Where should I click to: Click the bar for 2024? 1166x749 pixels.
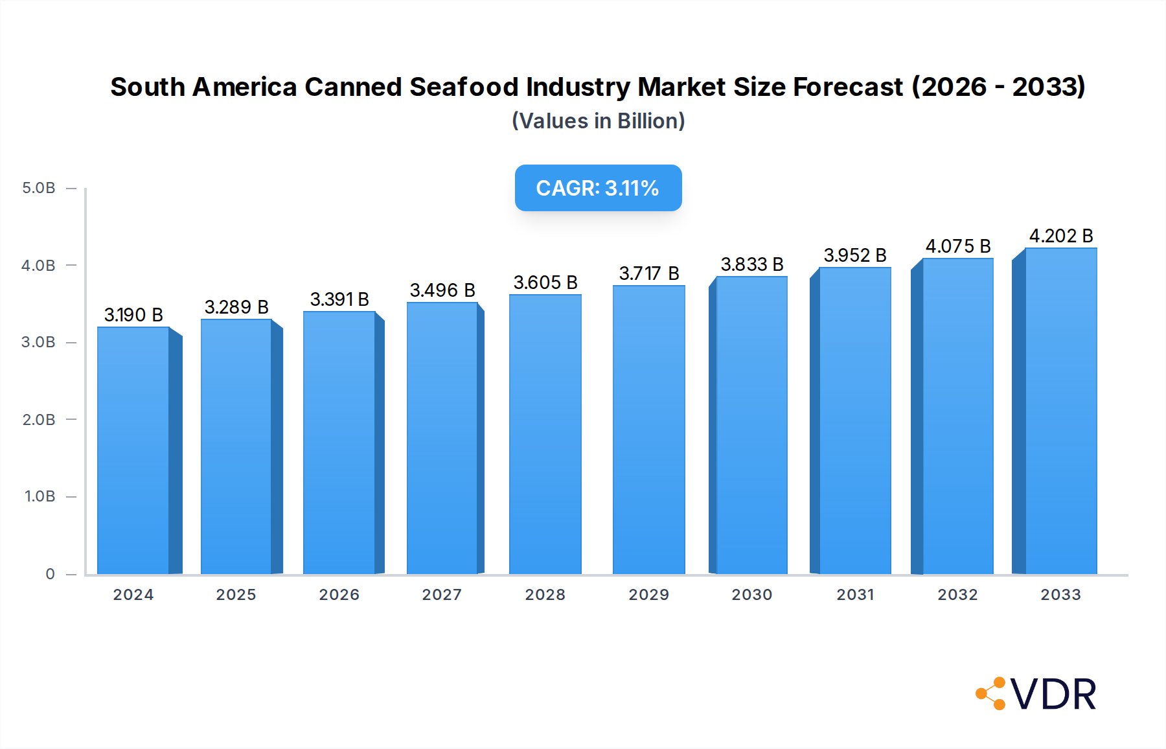tap(133, 450)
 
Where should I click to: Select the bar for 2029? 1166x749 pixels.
tap(648, 430)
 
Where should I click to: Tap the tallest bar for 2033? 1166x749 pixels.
tap(1060, 411)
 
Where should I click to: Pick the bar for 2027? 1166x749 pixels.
tap(442, 438)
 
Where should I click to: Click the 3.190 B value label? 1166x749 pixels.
tap(133, 315)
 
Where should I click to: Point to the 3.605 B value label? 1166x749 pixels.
tap(545, 282)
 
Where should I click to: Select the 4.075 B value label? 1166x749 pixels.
tap(958, 246)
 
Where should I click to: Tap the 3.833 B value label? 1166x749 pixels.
tap(752, 264)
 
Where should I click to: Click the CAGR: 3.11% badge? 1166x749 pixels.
tap(598, 188)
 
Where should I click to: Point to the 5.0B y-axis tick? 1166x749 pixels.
tap(39, 188)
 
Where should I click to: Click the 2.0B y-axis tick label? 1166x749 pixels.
tap(39, 420)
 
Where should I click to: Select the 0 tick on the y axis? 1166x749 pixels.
tap(50, 574)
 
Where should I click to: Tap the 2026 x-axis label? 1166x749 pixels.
tap(339, 595)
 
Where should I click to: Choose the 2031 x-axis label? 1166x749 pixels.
tap(855, 595)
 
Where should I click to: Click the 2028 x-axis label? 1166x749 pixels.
tap(545, 595)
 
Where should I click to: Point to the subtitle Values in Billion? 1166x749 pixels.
tap(598, 121)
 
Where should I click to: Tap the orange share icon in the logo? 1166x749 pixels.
tap(990, 693)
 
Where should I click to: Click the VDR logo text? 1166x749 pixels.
tap(1053, 695)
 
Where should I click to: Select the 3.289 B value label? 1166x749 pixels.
tap(236, 307)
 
